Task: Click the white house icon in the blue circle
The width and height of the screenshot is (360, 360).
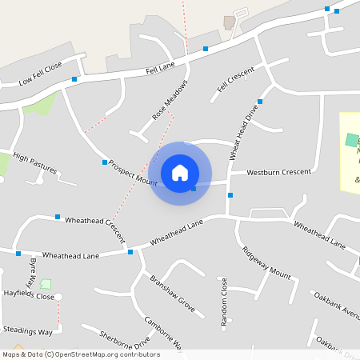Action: point(180,173)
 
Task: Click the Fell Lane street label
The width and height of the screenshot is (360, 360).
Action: point(160,70)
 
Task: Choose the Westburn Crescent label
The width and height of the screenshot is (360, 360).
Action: point(279,172)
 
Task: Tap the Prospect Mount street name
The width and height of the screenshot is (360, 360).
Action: point(134,171)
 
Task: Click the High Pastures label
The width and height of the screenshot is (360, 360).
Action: point(35,164)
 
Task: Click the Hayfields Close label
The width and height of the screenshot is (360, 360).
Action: point(27,297)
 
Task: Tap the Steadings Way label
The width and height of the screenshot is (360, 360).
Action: point(27,330)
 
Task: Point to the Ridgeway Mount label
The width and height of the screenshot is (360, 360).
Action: point(266,262)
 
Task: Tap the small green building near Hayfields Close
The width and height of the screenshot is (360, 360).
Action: point(46,283)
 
